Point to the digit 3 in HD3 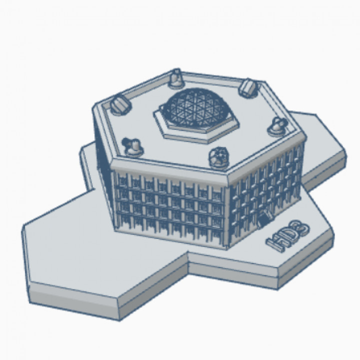tap(301, 228)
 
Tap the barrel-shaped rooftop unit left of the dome tap(120, 104)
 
